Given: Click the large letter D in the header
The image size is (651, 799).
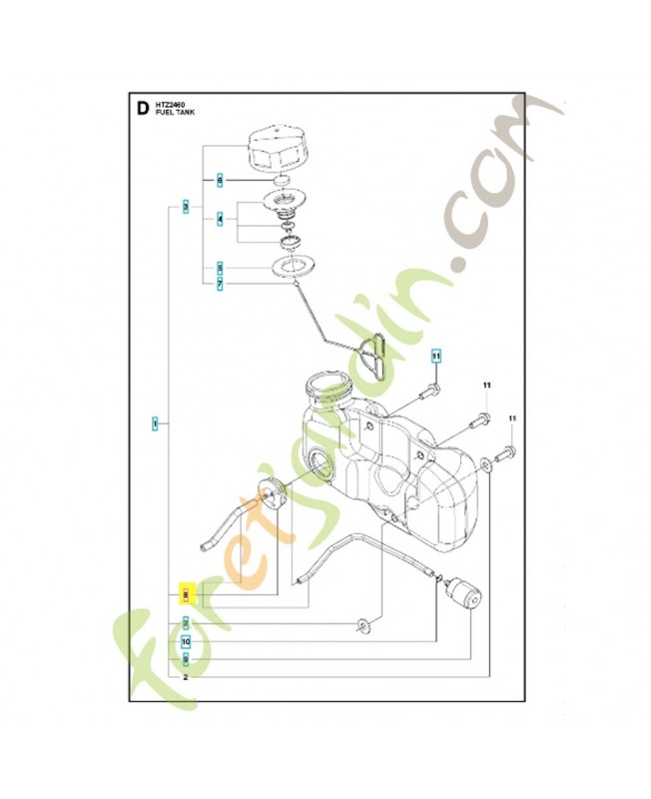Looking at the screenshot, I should tap(140, 106).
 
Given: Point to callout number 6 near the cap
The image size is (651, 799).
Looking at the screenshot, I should tap(220, 179).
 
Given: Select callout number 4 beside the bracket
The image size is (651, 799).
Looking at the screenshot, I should tap(220, 218).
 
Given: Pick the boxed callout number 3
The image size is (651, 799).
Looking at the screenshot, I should tap(186, 207).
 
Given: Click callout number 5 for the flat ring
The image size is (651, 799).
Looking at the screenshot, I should tap(220, 268).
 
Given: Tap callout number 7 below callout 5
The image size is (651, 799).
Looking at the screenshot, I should tap(220, 285).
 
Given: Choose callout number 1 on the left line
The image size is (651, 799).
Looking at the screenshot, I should tap(155, 424).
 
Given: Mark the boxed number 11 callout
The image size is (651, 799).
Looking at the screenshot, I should tap(435, 356).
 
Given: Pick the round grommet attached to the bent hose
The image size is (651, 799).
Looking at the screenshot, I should tap(269, 492).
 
